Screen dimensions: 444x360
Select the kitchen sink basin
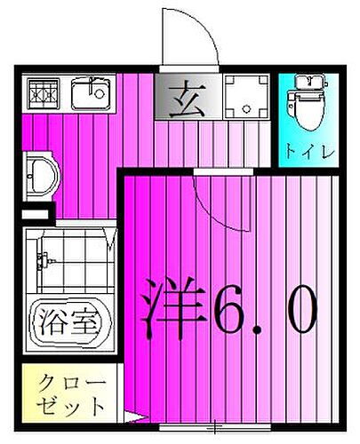click(92, 92)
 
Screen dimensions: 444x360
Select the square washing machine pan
click(247, 95)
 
